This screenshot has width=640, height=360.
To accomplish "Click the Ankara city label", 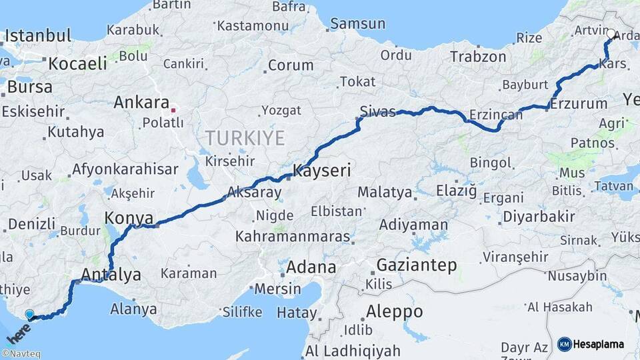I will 141,103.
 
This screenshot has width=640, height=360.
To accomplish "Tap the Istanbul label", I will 38,35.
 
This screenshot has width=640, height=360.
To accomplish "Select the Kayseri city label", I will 322,171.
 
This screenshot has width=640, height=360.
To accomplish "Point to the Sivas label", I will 377,111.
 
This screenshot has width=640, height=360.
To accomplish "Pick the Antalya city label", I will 111,274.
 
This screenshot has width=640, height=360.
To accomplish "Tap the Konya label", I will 129,218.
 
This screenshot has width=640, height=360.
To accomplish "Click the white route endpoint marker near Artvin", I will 611,33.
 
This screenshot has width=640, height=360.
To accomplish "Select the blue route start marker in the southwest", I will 29,313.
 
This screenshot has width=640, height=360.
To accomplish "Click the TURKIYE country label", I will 245,139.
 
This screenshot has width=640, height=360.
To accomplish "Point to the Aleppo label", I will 394,311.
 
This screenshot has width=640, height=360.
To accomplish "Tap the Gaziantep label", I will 417,265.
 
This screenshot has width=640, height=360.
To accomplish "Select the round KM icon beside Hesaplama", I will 565,344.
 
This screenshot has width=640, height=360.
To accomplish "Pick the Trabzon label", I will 478,57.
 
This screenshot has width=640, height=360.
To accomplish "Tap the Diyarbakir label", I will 539,217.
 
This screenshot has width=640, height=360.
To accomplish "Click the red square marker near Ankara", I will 173,109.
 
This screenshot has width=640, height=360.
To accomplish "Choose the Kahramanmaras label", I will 293,237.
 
